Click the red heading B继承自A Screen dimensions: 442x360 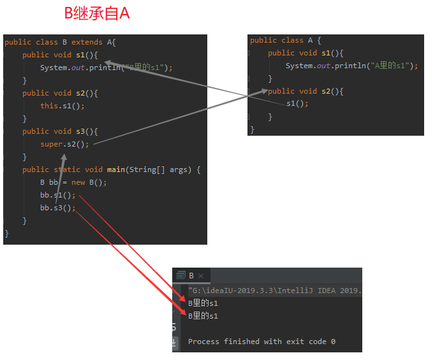point(97,13)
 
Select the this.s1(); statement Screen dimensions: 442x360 point(62,106)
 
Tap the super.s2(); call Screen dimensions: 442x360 point(64,144)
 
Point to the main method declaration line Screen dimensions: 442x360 point(111,169)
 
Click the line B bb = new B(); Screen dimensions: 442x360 point(73,182)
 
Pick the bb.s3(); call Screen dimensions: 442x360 point(57,208)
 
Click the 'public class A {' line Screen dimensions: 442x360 point(285,40)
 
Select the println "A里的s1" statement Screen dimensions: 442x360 point(351,66)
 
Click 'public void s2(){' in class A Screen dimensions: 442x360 point(306,91)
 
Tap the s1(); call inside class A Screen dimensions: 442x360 point(297,104)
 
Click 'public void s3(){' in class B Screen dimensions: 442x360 point(60,131)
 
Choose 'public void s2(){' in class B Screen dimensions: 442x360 point(60,93)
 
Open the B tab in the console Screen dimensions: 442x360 point(191,275)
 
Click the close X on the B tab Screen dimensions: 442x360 point(201,276)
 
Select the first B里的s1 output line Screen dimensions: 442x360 point(203,303)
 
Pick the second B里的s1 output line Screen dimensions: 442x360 point(203,316)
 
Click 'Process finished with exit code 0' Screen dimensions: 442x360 point(262,342)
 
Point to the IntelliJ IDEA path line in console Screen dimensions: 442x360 point(274,291)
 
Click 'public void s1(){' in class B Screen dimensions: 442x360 point(60,55)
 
